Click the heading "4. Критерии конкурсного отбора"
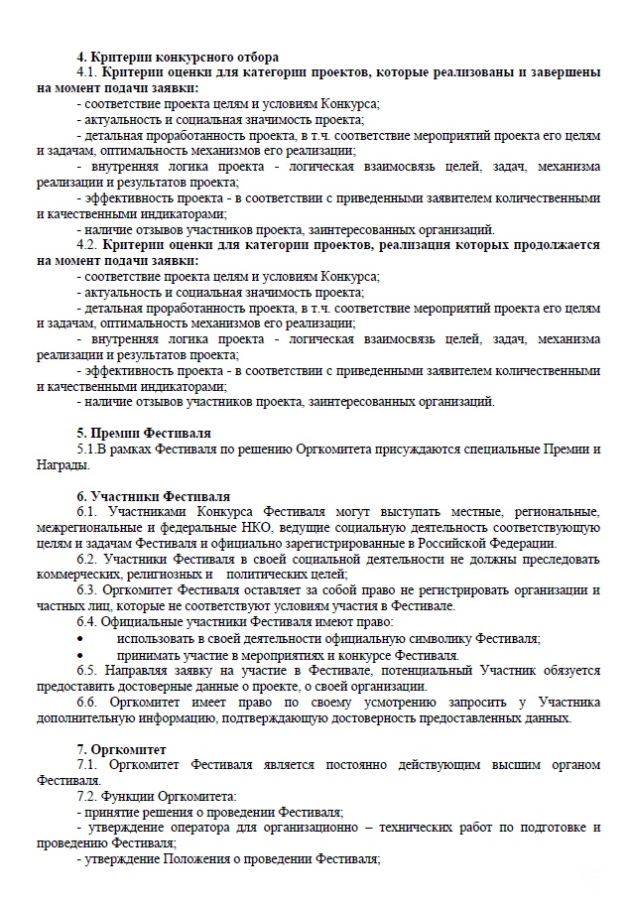pyautogui.click(x=178, y=57)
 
